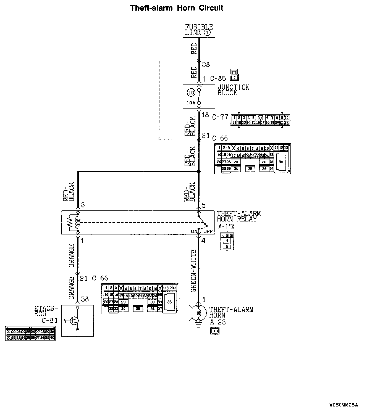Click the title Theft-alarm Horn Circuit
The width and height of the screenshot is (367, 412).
tap(177, 8)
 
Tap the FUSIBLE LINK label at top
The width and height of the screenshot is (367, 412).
tap(198, 30)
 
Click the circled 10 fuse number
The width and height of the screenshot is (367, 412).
tap(191, 93)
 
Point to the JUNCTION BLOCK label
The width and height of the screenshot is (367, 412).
tap(233, 90)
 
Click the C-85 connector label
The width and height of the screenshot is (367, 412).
tap(218, 79)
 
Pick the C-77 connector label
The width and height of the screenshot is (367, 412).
tap(220, 117)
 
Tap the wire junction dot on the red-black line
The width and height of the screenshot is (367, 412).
tap(198, 172)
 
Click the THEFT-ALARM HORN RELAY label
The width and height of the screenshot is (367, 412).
tap(239, 216)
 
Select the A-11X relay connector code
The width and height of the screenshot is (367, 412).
tap(226, 227)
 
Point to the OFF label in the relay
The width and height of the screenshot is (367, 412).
tap(208, 231)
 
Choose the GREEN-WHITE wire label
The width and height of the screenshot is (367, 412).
tap(193, 271)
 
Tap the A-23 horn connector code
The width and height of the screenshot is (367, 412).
tap(217, 322)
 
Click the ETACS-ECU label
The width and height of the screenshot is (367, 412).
tap(46, 311)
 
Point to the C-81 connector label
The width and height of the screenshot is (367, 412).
tap(49, 321)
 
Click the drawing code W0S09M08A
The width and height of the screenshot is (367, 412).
tap(344, 405)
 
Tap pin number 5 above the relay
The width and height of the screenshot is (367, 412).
tap(204, 205)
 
